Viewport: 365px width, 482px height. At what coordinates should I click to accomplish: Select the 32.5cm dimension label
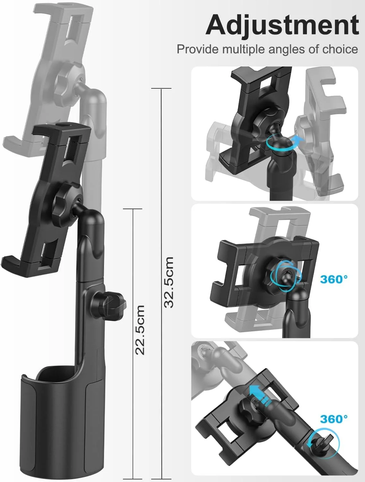pyautogui.click(x=169, y=282)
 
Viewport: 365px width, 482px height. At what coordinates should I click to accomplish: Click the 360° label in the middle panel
pyautogui.click(x=334, y=279)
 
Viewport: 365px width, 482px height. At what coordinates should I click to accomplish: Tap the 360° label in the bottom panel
pyautogui.click(x=334, y=419)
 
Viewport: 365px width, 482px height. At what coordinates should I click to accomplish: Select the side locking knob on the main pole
pyautogui.click(x=110, y=304)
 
